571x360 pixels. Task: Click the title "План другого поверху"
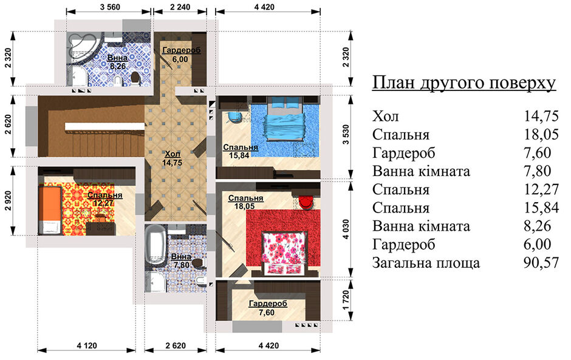(x=464, y=83)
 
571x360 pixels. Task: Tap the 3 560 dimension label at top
(x=109, y=7)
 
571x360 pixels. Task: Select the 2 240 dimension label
(x=180, y=7)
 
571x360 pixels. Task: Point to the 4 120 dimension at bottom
(x=87, y=345)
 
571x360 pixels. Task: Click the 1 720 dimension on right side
(x=346, y=300)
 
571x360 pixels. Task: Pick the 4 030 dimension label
(x=346, y=229)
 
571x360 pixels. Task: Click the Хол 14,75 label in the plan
(x=173, y=158)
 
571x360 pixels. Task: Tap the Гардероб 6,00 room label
(x=181, y=55)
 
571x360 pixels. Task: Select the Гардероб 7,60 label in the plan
(x=268, y=308)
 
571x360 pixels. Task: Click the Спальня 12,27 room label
(x=105, y=199)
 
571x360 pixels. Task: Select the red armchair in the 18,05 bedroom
(x=306, y=202)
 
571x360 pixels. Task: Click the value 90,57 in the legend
(x=541, y=262)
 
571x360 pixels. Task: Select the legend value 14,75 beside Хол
(x=541, y=116)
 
